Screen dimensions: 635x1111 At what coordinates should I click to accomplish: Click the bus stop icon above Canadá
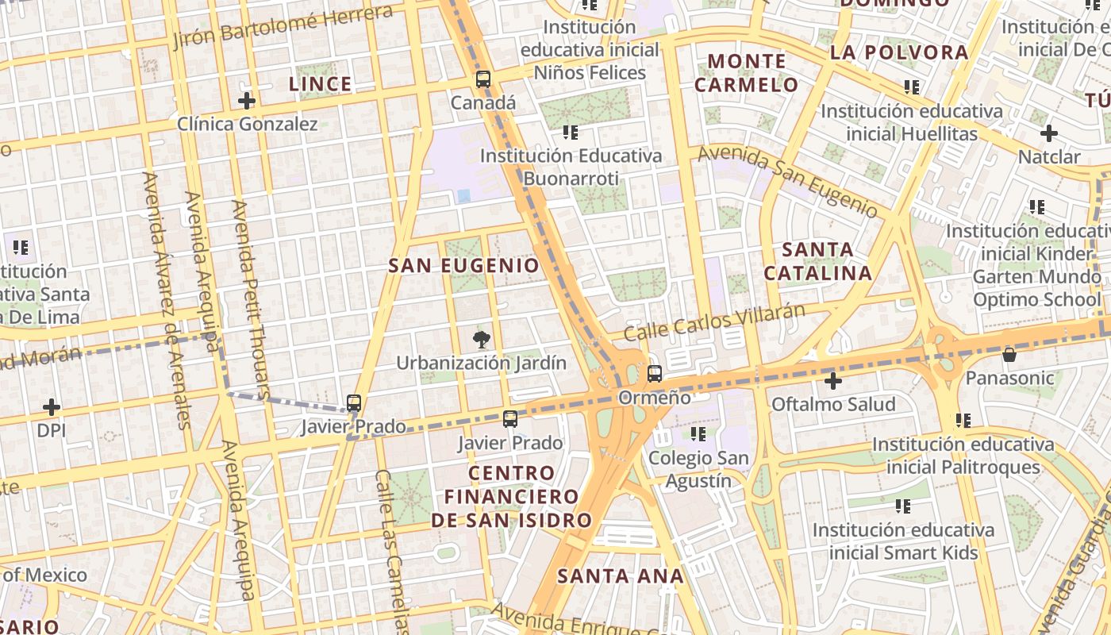(482, 79)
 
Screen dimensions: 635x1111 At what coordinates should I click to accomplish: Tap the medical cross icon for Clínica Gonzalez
(247, 101)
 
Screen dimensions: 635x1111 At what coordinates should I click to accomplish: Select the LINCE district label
(320, 84)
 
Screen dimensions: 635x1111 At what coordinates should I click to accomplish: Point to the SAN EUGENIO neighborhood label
(463, 266)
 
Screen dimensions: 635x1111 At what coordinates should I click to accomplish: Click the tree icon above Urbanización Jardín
(481, 341)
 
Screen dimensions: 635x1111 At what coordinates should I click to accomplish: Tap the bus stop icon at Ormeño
(655, 374)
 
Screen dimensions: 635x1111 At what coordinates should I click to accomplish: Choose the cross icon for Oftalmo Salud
(832, 382)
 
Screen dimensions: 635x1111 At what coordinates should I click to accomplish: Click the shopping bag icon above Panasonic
(1009, 354)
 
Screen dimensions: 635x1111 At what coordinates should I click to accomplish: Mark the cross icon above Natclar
(1048, 133)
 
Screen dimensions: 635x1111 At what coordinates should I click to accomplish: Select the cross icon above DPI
(52, 408)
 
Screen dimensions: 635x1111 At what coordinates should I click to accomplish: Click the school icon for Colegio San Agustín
(698, 434)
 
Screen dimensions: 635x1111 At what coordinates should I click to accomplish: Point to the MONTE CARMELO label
(747, 72)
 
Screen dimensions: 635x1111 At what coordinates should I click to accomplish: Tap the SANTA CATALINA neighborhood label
(817, 261)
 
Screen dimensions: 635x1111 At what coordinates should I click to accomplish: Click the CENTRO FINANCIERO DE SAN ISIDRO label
(512, 496)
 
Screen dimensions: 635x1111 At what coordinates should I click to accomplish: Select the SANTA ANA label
(620, 576)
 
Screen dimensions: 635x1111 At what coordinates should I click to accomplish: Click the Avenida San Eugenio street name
(787, 182)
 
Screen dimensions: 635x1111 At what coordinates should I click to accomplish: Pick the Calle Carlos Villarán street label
(714, 322)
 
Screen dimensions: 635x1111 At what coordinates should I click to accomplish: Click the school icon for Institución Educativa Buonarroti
(571, 132)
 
